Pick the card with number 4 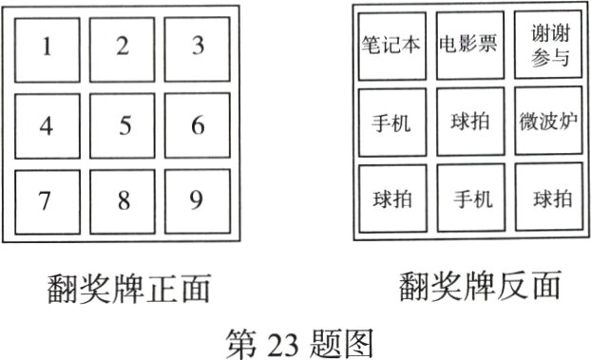48,124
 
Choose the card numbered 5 123,124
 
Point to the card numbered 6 197,124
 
